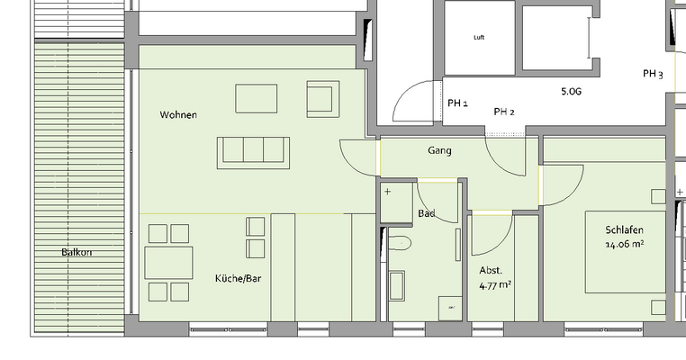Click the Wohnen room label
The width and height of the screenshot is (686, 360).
click(178, 115)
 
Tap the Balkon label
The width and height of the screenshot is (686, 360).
click(77, 252)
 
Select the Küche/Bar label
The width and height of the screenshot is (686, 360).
click(238, 279)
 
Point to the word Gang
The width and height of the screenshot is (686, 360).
click(439, 151)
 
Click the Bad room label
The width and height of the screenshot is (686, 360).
click(427, 213)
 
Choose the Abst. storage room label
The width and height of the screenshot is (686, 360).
click(491, 270)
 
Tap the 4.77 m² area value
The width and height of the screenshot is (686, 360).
click(495, 285)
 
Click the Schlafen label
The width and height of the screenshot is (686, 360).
click(624, 229)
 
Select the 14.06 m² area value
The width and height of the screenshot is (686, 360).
click(624, 243)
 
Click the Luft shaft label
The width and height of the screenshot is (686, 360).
click(479, 38)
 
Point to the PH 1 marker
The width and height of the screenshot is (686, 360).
click(457, 103)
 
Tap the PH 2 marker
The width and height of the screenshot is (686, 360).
click(504, 112)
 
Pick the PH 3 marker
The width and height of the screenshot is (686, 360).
click(653, 74)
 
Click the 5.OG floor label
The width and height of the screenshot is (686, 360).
click(572, 92)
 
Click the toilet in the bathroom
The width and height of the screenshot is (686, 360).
click(399, 241)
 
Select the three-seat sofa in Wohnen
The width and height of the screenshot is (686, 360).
click(252, 151)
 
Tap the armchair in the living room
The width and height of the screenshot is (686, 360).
click(321, 98)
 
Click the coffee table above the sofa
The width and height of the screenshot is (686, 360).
click(257, 97)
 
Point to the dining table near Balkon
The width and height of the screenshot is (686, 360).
click(168, 263)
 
